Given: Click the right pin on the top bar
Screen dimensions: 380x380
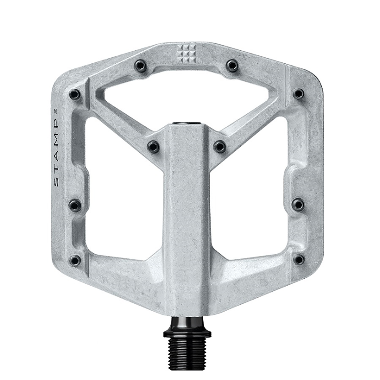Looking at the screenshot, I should tap(232, 65).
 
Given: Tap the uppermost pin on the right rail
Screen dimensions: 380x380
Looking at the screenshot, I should tap(298, 93).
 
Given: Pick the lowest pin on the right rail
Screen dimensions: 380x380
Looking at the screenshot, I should tap(298, 259).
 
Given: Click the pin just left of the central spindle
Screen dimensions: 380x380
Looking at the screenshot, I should tap(153, 146).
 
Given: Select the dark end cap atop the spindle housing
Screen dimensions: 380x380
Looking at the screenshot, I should tap(187, 122).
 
